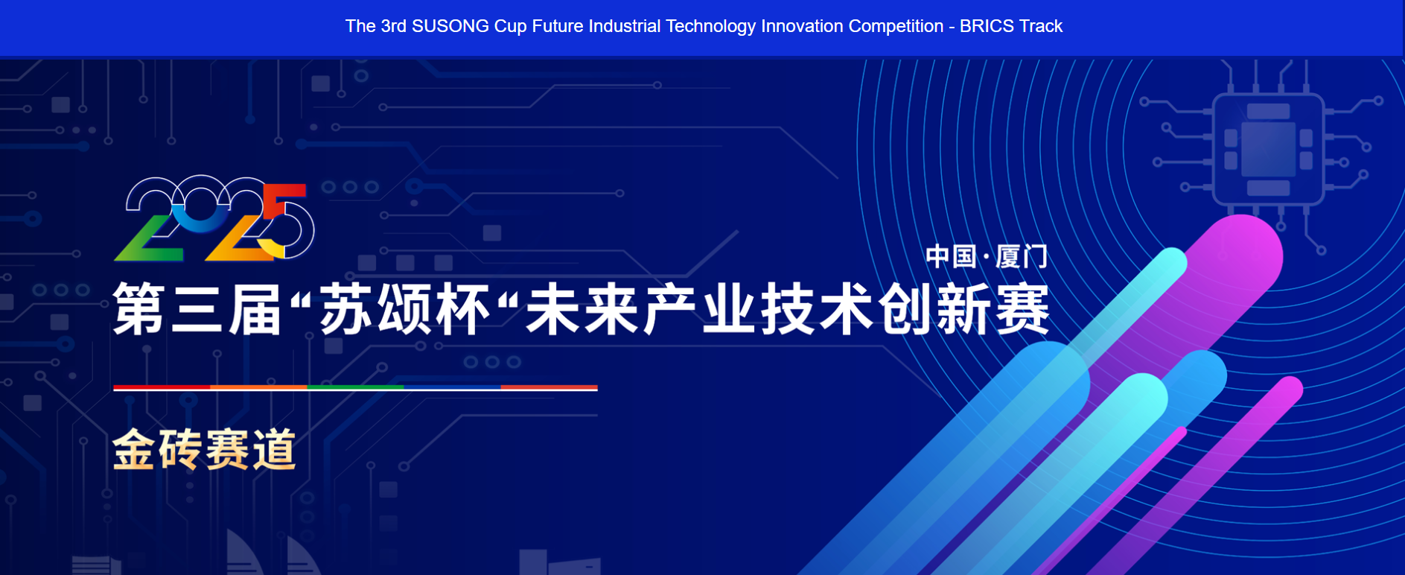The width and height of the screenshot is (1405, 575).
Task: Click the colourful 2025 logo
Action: click(x=214, y=218)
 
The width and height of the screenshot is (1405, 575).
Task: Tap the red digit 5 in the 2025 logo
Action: click(x=286, y=220)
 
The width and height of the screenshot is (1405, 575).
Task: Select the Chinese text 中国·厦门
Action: click(x=987, y=257)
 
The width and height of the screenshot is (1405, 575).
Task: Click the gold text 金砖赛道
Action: click(x=204, y=449)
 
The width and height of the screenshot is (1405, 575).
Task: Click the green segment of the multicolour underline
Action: click(x=356, y=388)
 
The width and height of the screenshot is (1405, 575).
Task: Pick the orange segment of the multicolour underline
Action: click(x=259, y=388)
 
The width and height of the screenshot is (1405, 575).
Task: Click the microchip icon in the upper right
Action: click(x=1268, y=149)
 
